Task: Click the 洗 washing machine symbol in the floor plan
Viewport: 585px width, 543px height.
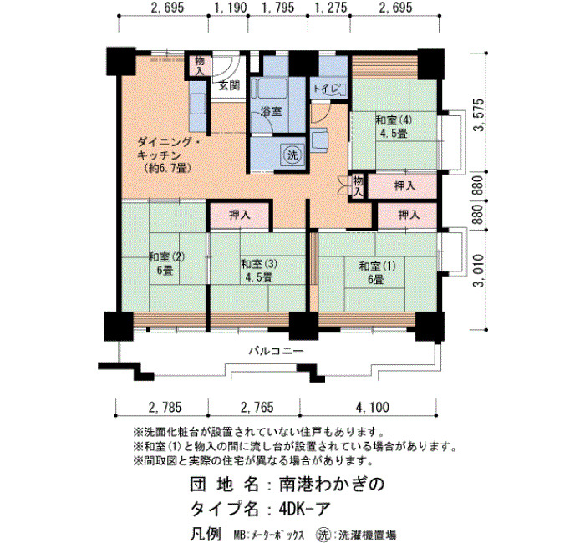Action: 292,155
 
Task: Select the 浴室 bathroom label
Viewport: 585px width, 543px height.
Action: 271,111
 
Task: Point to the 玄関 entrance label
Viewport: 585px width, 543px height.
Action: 229,86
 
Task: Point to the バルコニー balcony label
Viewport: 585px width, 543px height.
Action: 277,351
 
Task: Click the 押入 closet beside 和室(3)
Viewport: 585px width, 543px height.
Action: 240,215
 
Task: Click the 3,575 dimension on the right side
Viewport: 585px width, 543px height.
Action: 479,115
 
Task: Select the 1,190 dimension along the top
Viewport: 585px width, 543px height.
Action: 231,8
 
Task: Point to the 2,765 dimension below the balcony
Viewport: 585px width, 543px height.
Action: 257,407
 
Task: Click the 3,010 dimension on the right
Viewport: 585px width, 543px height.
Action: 479,271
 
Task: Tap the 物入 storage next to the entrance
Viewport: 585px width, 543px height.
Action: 200,66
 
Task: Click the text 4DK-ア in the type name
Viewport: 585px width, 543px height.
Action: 304,509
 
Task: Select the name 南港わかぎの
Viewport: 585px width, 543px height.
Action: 332,484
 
